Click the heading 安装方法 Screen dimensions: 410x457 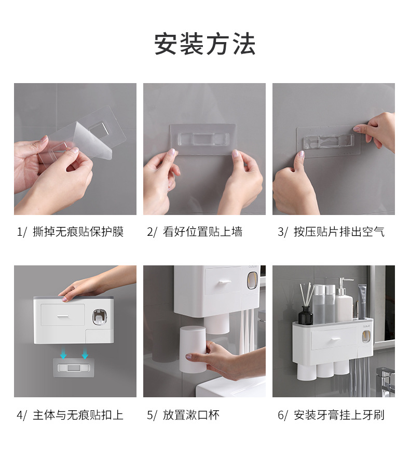point(204,44)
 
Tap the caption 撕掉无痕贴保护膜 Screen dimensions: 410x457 point(78,232)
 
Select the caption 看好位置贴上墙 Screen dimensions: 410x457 point(202,232)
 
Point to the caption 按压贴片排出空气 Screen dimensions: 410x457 point(339,232)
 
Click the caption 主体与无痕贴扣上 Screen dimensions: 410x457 point(78,415)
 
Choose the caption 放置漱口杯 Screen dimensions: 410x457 point(191,415)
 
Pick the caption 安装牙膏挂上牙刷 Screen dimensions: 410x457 point(339,415)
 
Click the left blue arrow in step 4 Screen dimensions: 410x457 point(63,353)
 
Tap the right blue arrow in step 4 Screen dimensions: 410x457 point(85,353)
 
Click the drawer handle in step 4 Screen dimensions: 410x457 point(63,316)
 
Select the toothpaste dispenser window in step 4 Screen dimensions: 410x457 point(100,317)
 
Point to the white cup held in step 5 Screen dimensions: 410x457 point(193,350)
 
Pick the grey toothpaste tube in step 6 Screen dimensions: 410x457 point(362,301)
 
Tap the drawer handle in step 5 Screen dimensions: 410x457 point(225,282)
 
